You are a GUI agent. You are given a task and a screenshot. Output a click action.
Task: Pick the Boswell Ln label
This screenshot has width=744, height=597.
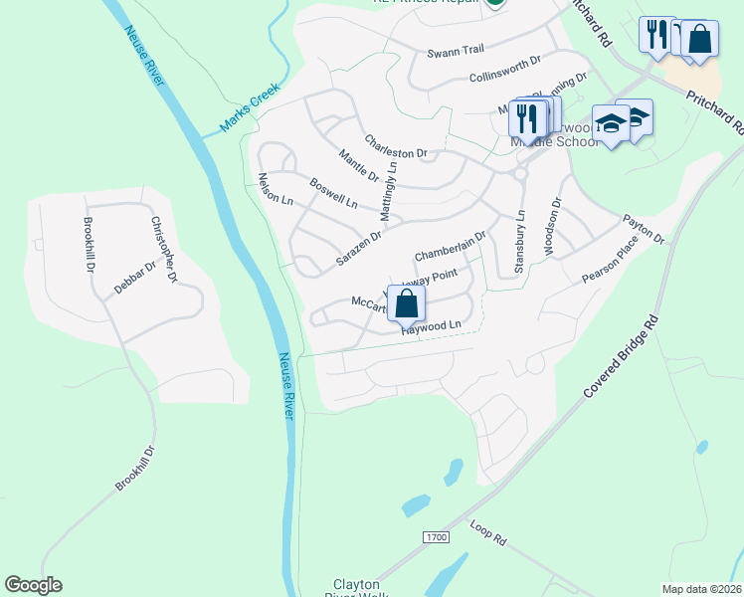[333, 193]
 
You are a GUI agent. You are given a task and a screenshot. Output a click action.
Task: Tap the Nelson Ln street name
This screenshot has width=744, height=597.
[276, 189]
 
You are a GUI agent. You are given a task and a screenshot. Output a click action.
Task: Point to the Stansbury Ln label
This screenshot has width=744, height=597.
[518, 241]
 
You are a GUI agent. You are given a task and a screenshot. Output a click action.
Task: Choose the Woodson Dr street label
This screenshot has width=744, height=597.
[553, 215]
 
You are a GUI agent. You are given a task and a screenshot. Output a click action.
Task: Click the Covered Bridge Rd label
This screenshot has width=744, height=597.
[622, 358]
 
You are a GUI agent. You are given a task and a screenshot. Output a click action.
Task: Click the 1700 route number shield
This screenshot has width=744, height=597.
[436, 537]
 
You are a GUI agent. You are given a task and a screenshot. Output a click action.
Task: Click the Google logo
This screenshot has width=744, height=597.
[33, 585]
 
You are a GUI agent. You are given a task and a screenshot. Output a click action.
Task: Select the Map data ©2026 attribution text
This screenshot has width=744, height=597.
[701, 589]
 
